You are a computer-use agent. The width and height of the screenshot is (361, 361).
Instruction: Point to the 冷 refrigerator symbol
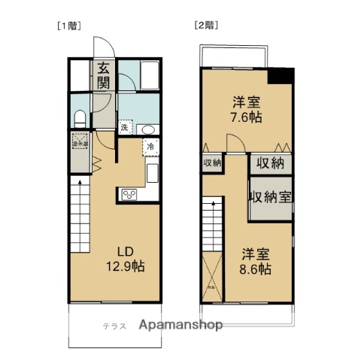[150, 147]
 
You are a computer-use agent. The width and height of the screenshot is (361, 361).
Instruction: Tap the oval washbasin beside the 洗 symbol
[148, 128]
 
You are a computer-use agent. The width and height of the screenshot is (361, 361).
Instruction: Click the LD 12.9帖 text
[129, 259]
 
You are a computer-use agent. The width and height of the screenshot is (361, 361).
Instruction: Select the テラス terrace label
[115, 325]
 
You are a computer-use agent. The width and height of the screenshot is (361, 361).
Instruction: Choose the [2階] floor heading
[205, 24]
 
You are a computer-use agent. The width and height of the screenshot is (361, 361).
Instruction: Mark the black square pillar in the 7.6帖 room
[282, 76]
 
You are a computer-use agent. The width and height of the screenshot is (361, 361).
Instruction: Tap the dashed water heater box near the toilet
[79, 141]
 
